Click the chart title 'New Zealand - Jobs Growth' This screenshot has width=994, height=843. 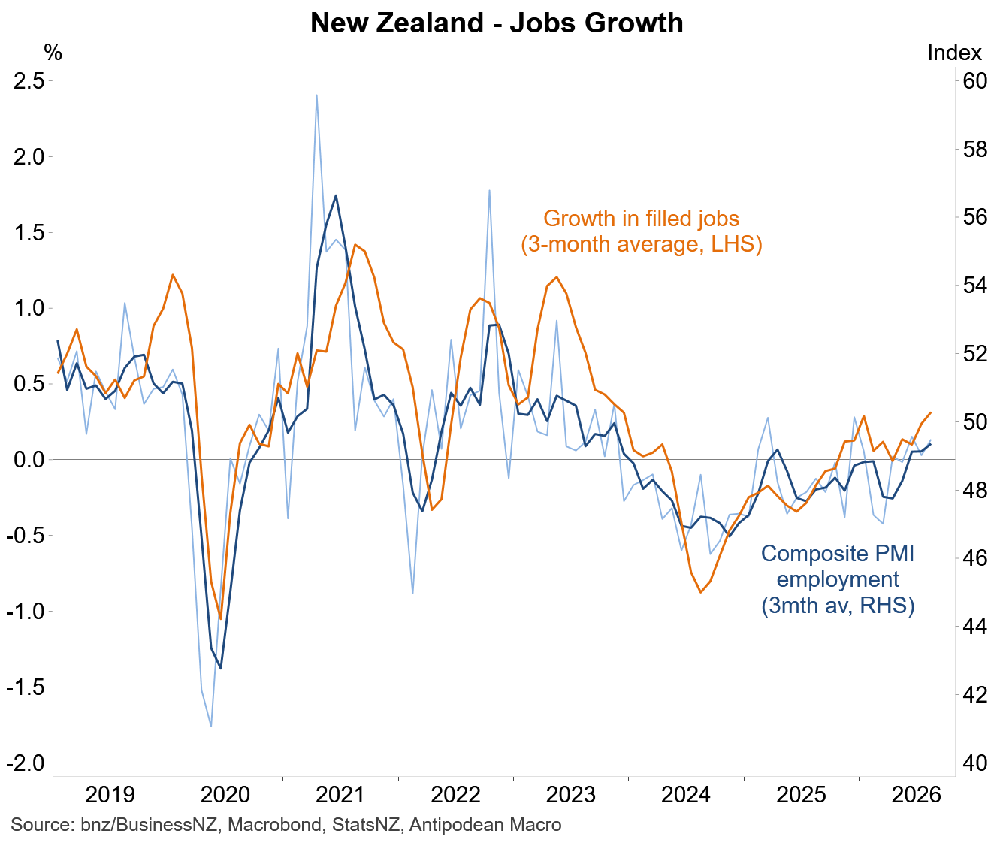tap(497, 23)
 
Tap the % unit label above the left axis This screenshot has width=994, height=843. tap(53, 53)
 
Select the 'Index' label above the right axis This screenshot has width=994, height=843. tap(954, 53)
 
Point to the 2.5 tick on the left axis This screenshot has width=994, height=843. tap(29, 81)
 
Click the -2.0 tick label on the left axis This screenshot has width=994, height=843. tap(26, 763)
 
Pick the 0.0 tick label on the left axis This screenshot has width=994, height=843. tap(29, 460)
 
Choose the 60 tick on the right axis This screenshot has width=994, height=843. tap(974, 81)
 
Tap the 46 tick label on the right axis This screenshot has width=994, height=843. tap(974, 558)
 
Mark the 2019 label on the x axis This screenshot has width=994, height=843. tap(110, 796)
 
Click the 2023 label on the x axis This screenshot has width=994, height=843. tap(571, 796)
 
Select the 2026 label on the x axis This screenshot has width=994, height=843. tap(916, 796)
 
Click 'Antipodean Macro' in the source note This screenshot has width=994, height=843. tap(485, 825)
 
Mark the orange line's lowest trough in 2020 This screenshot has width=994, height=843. tap(221, 619)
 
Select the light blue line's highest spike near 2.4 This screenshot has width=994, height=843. tap(316, 95)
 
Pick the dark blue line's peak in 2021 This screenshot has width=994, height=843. tap(336, 195)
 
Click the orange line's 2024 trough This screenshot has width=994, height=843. tap(701, 593)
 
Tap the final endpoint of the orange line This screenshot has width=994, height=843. tap(931, 412)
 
